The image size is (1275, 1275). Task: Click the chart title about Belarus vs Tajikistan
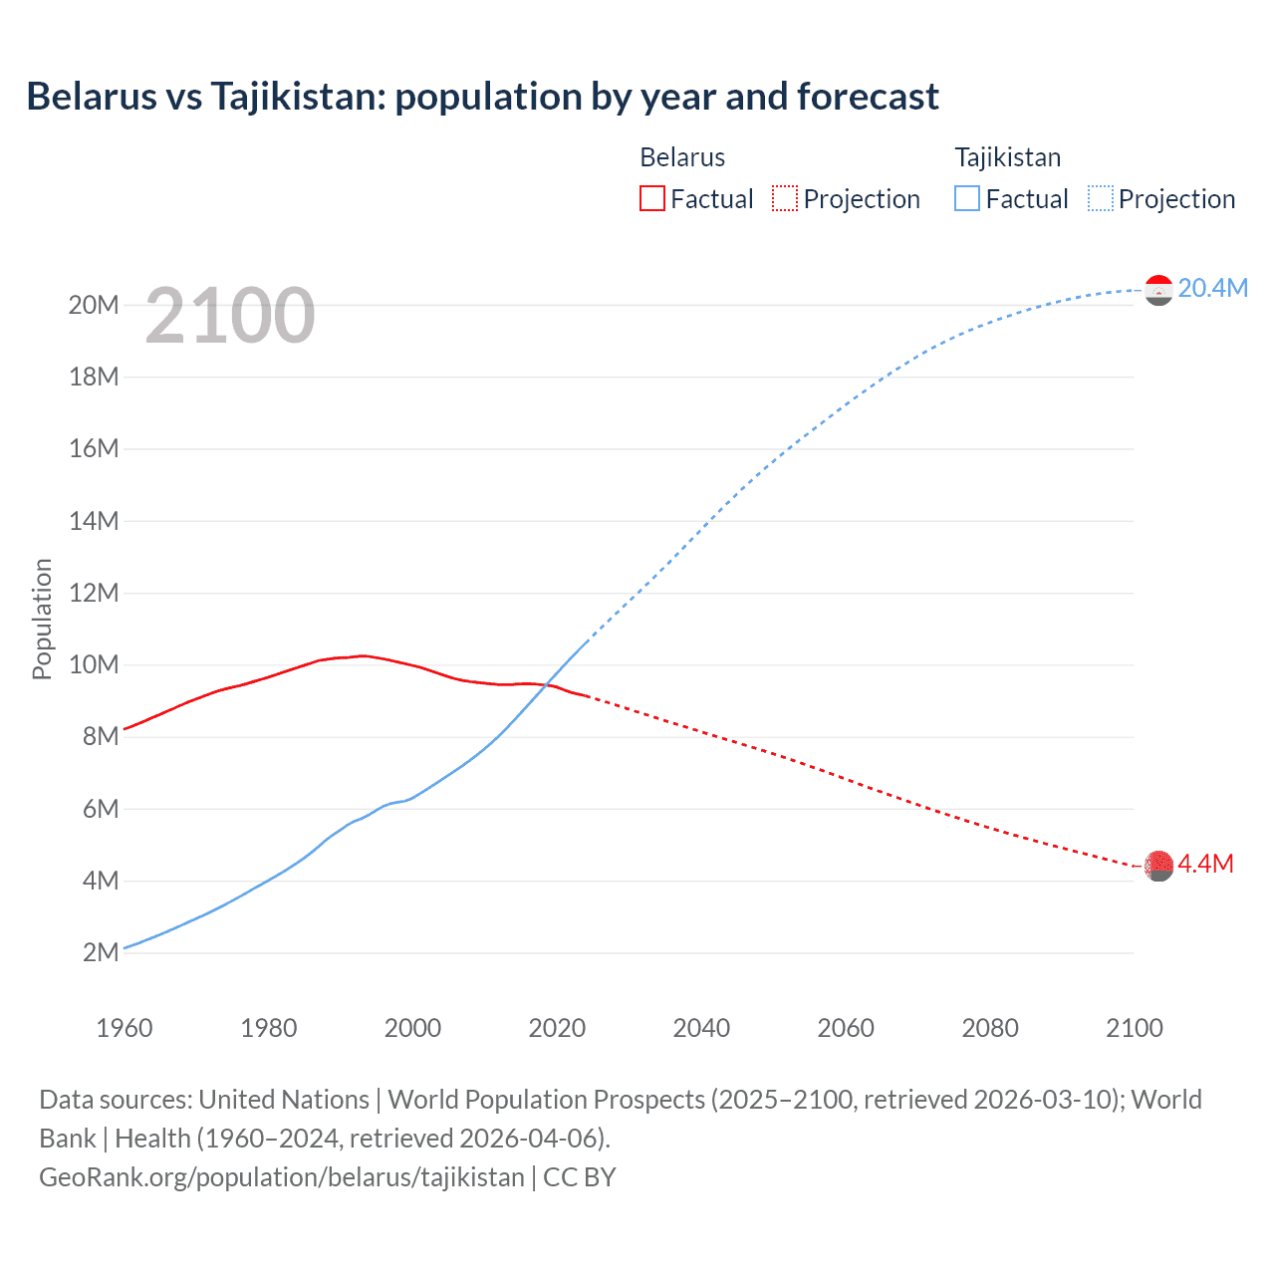tap(482, 97)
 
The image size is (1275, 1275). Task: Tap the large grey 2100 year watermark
tap(230, 316)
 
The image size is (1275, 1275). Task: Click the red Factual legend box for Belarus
tap(651, 198)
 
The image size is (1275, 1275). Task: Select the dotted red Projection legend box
tap(785, 198)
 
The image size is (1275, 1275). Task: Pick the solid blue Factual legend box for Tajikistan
tap(966, 198)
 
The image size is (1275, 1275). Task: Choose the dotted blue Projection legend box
tap(1100, 198)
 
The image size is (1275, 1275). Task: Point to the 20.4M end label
tap(1212, 288)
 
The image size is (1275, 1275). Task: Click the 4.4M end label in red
tap(1205, 864)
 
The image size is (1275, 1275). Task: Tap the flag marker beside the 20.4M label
tap(1158, 290)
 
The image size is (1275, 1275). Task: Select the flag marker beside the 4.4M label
tap(1158, 866)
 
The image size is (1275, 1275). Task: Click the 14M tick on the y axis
tap(94, 521)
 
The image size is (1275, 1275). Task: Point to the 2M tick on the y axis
tap(101, 952)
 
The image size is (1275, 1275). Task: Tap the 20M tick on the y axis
tap(94, 305)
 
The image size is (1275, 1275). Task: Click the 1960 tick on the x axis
tap(125, 1028)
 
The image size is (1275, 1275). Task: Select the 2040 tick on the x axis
tap(701, 1028)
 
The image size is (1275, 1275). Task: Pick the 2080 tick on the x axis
tap(990, 1028)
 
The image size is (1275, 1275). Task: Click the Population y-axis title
tap(42, 619)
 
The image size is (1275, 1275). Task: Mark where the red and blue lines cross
tap(547, 684)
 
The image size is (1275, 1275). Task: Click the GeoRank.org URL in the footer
tap(282, 1177)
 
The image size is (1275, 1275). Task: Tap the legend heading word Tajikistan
tap(1007, 157)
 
